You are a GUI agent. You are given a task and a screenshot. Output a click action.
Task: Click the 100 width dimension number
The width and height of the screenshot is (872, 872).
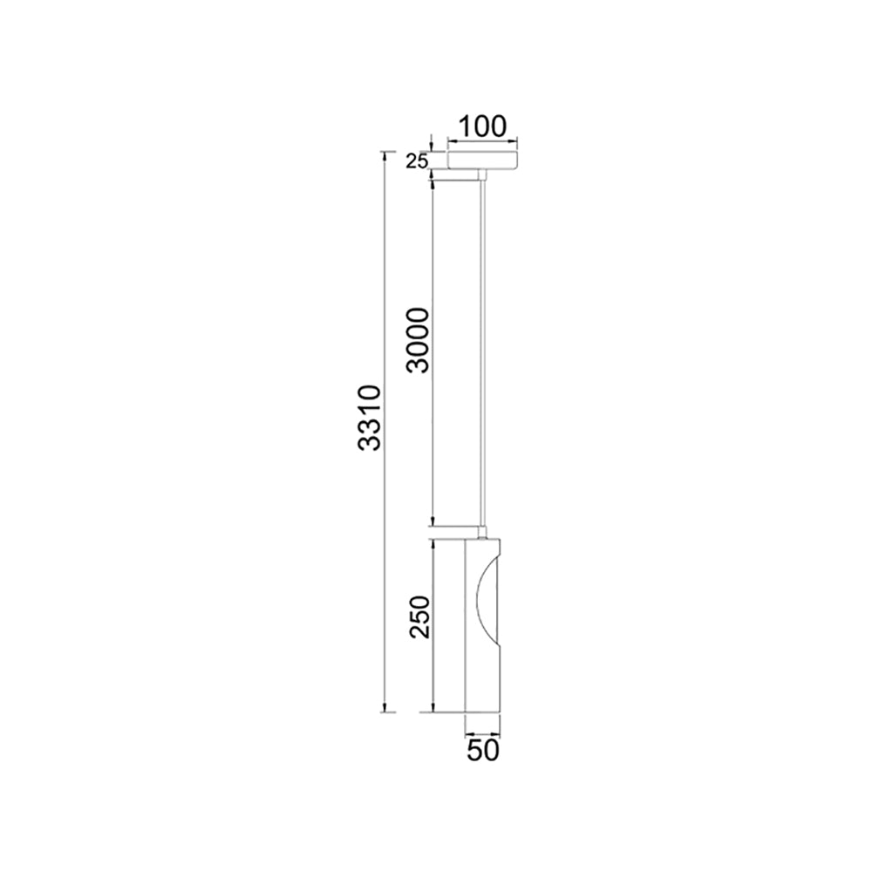482,126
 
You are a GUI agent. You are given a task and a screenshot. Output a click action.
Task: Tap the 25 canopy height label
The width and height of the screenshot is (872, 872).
416,160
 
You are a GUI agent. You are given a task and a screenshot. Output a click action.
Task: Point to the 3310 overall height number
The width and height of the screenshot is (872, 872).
371,418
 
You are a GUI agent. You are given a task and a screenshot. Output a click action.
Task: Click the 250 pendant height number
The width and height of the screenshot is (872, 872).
419,617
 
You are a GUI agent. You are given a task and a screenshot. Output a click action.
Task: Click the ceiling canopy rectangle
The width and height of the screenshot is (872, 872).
482,160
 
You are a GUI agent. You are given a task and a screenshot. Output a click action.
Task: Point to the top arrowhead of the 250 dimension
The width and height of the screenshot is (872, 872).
433,542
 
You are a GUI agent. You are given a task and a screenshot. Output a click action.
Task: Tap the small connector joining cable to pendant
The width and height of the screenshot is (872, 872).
482,531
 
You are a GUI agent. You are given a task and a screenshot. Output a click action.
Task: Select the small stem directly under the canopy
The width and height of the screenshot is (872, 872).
482,175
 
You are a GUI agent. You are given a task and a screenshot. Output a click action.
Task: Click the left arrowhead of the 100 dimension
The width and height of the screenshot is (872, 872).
451,140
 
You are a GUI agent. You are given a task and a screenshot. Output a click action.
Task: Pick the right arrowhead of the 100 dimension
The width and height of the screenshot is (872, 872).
514,140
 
